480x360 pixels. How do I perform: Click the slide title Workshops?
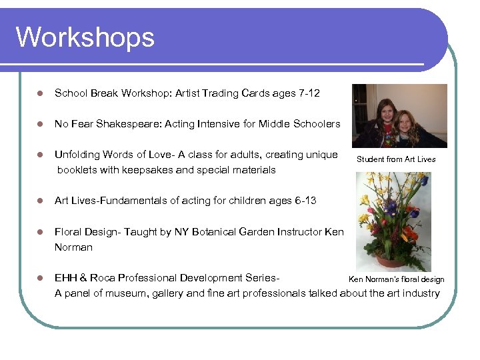(85, 37)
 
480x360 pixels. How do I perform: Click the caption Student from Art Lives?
(396, 159)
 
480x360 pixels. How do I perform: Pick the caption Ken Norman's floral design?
(397, 279)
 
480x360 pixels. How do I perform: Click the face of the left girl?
(386, 111)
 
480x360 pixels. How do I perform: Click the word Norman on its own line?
(73, 247)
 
